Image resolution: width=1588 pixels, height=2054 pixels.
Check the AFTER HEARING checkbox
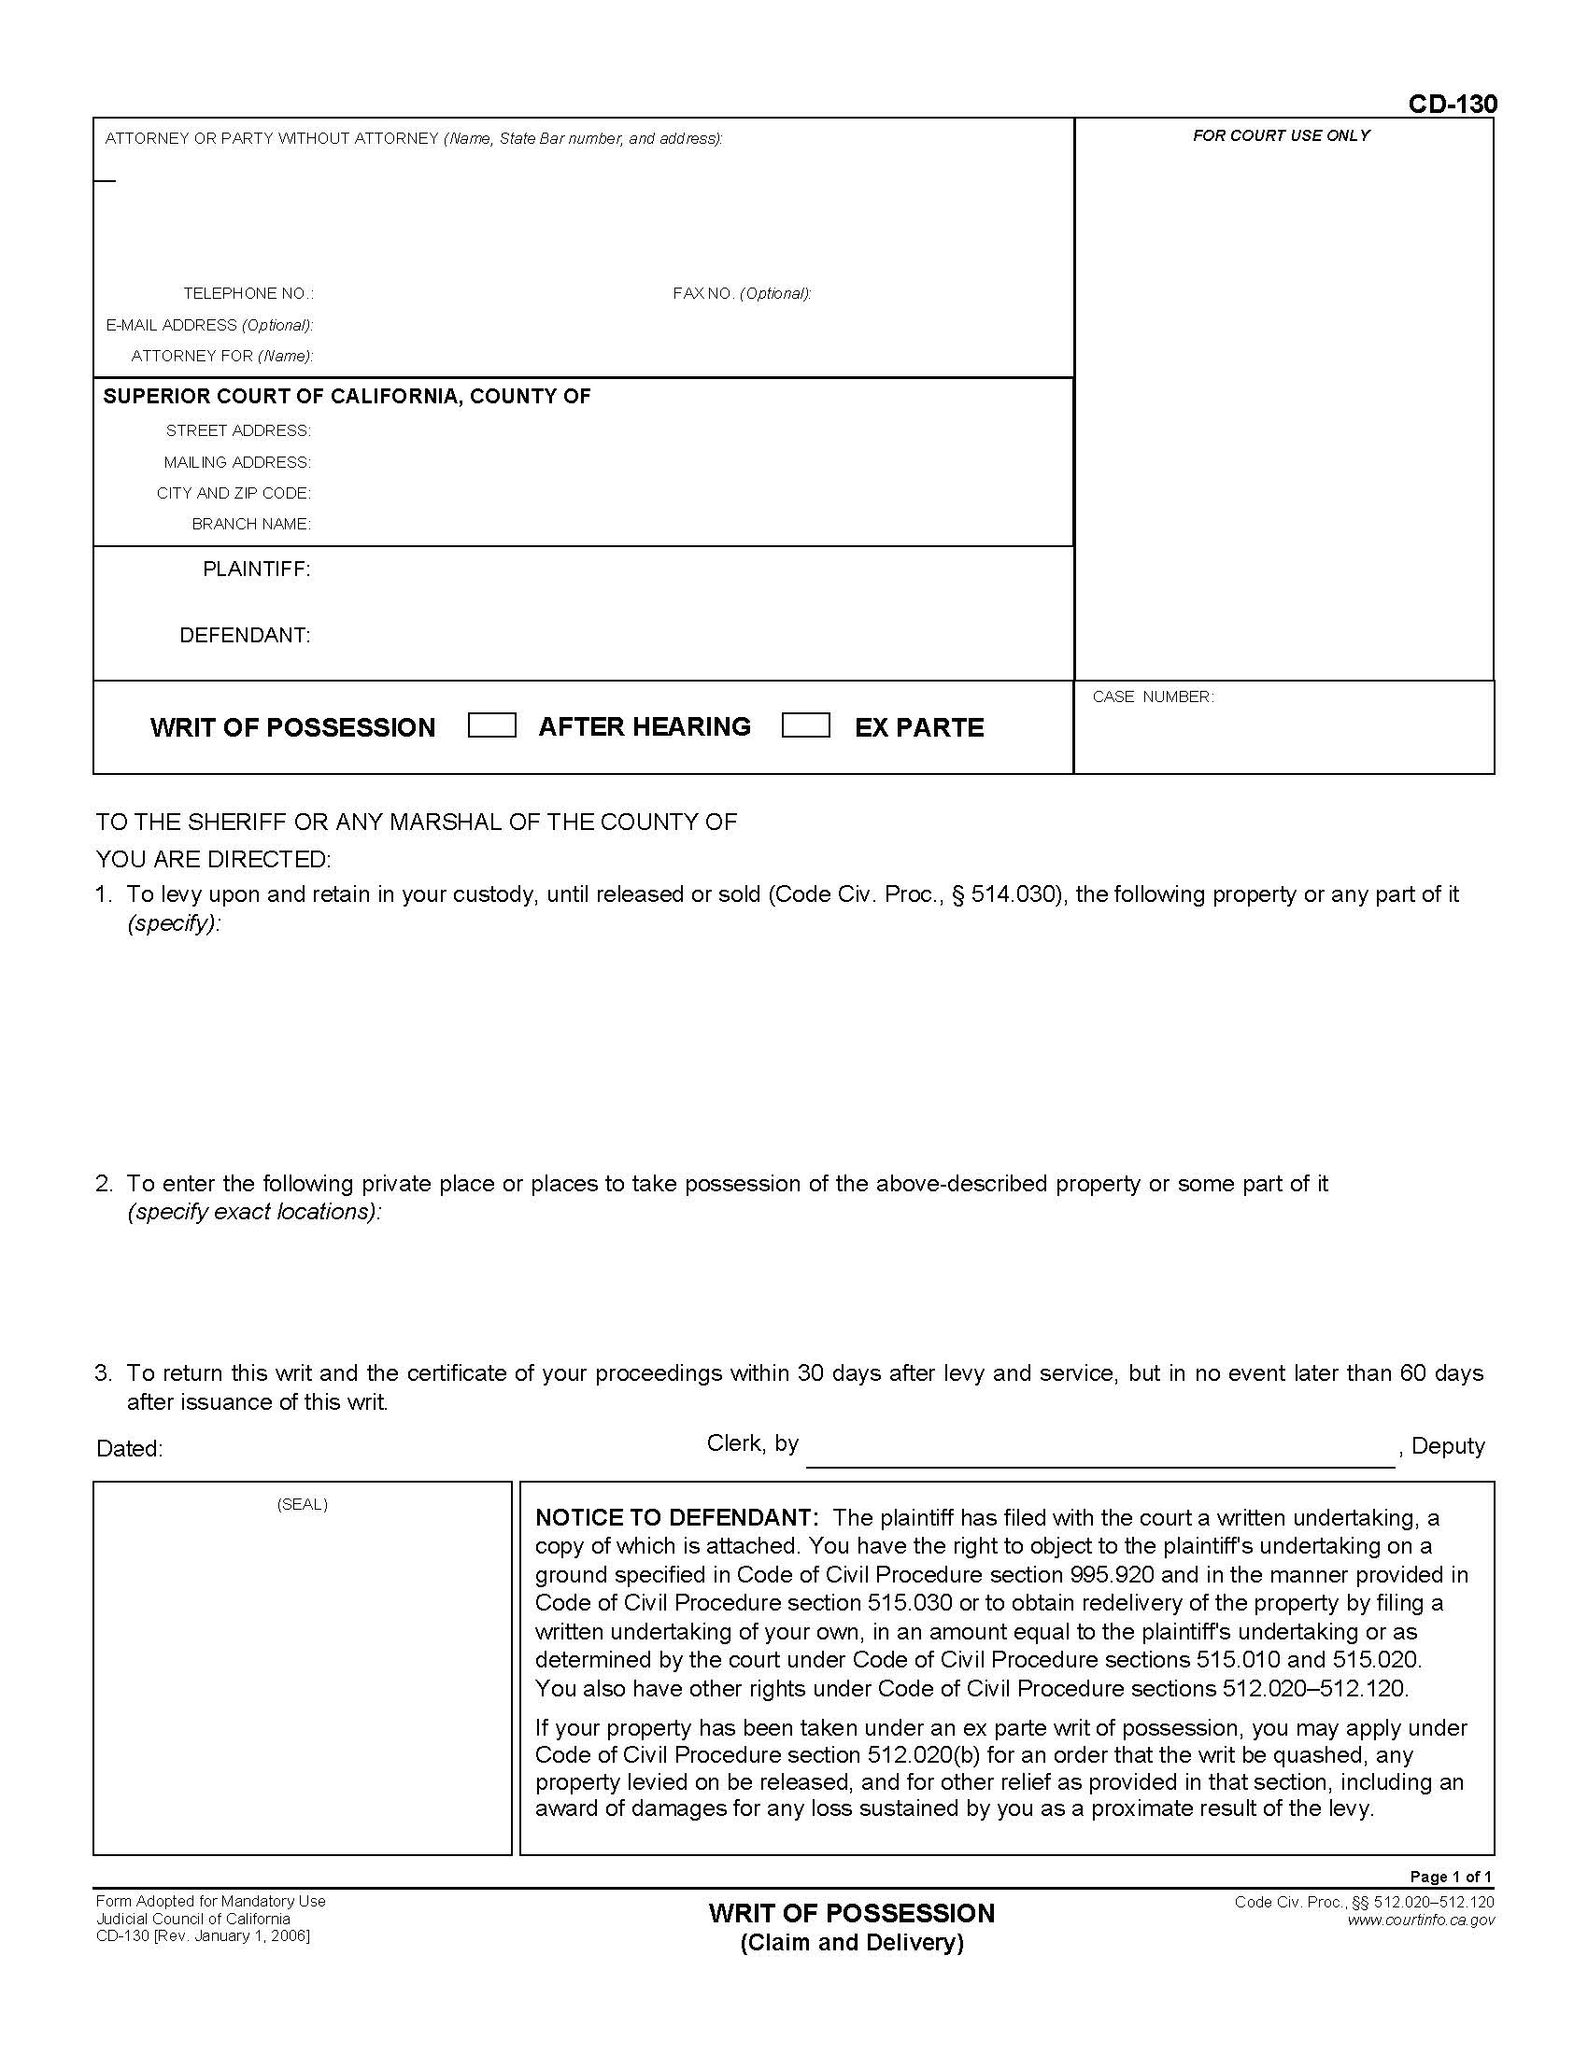pyautogui.click(x=491, y=725)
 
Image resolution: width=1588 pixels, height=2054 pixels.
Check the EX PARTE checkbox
pyautogui.click(x=805, y=725)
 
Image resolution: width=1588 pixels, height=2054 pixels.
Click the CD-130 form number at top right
pyautogui.click(x=1452, y=104)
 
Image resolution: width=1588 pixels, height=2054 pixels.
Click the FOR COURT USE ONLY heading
pyautogui.click(x=1281, y=135)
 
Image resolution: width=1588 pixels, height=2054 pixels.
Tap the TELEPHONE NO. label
pyautogui.click(x=248, y=293)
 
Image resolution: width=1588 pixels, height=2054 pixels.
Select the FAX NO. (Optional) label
pyautogui.click(x=742, y=293)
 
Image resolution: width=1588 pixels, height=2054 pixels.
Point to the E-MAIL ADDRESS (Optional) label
pyautogui.click(x=209, y=325)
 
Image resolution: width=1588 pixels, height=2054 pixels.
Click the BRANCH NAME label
pyautogui.click(x=250, y=524)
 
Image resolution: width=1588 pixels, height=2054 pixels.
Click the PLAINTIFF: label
pyautogui.click(x=256, y=569)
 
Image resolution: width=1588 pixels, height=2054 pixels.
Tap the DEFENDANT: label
pyautogui.click(x=244, y=635)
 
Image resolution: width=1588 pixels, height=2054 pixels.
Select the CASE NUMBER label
pyautogui.click(x=1153, y=696)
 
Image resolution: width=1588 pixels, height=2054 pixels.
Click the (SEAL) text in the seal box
pyautogui.click(x=302, y=1504)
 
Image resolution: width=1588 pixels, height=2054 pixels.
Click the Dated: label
pyautogui.click(x=129, y=1448)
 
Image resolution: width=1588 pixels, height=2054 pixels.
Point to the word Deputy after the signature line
pyautogui.click(x=1447, y=1445)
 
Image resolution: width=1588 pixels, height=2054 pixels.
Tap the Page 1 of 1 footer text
pyautogui.click(x=1451, y=1877)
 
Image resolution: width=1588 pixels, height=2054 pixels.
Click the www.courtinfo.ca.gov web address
pyautogui.click(x=1420, y=1920)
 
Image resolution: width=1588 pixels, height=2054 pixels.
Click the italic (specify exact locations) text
pyautogui.click(x=254, y=1211)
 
